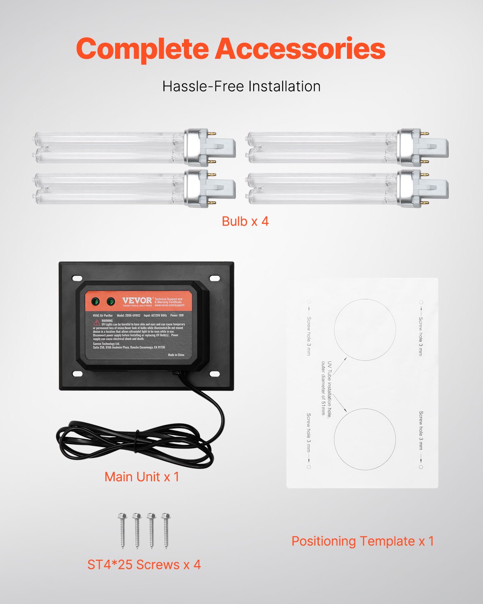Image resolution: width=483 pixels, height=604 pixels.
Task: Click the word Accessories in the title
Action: [x=300, y=49]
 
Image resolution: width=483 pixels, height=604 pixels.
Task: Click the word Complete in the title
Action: [x=142, y=49]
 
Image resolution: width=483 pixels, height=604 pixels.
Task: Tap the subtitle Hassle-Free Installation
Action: [x=242, y=86]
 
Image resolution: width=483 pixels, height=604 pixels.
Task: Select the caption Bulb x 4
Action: [x=245, y=221]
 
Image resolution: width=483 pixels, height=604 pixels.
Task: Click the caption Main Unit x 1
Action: [x=142, y=477]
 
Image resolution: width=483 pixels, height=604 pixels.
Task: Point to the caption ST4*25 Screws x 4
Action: [x=144, y=565]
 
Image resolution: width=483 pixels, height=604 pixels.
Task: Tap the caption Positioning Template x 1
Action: [x=363, y=541]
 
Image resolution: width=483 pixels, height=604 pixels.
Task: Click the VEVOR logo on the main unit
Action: [x=137, y=300]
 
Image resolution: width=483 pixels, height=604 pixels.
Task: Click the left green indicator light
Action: [x=96, y=301]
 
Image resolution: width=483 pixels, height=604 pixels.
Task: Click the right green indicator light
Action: [x=110, y=301]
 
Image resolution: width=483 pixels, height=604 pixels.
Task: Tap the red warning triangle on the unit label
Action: [x=97, y=323]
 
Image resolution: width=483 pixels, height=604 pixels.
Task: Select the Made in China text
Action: [x=176, y=355]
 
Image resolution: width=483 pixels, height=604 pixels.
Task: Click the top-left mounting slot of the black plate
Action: [x=77, y=278]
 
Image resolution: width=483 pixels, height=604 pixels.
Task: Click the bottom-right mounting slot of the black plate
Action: [x=215, y=374]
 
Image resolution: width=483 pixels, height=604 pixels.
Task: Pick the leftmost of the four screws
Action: [x=122, y=530]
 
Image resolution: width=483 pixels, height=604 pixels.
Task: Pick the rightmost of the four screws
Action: [x=166, y=530]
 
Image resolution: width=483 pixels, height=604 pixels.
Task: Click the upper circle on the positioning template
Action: [x=365, y=330]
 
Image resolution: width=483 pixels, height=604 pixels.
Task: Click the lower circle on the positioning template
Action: [x=365, y=439]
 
